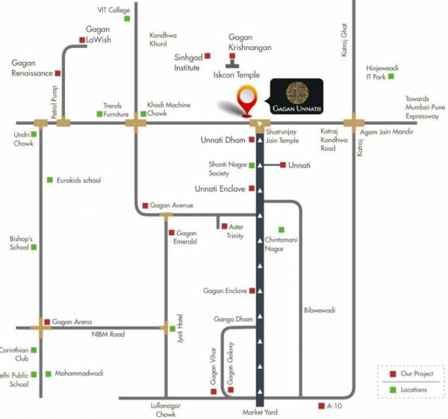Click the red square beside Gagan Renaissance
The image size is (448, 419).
(58, 74)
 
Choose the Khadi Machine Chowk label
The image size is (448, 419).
(168, 109)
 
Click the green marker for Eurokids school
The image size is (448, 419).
(50, 180)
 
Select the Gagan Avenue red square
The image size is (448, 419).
(145, 205)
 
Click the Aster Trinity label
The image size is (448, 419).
(236, 231)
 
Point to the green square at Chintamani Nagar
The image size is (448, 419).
(281, 229)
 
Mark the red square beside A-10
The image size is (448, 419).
(320, 406)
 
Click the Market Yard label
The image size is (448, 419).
(260, 412)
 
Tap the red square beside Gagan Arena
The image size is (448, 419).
(46, 322)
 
